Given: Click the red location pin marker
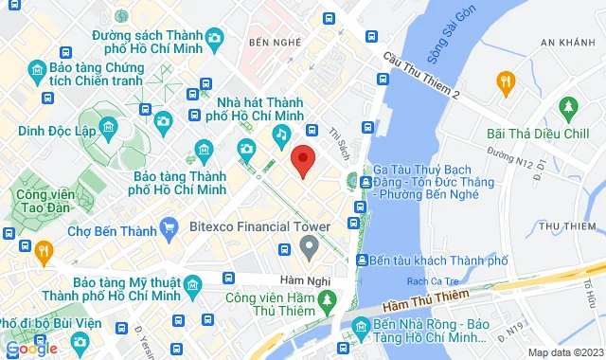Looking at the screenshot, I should (303, 161).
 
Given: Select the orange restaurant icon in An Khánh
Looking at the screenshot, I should (505, 82).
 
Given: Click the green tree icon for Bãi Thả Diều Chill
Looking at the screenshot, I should (568, 105).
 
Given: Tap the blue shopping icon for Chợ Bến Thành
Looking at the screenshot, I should (169, 226).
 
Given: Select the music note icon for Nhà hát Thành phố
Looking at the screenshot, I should (281, 136).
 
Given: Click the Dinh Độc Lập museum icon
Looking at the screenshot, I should (108, 127).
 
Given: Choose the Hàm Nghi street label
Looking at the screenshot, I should (276, 279).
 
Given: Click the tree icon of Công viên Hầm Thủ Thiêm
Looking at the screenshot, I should (328, 301).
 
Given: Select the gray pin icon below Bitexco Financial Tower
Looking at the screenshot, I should (308, 248).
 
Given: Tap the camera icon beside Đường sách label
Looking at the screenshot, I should (215, 38).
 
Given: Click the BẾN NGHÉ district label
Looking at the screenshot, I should (266, 44).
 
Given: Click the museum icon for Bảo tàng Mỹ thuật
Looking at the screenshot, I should (193, 284).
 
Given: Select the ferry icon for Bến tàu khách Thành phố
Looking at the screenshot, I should (362, 260).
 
